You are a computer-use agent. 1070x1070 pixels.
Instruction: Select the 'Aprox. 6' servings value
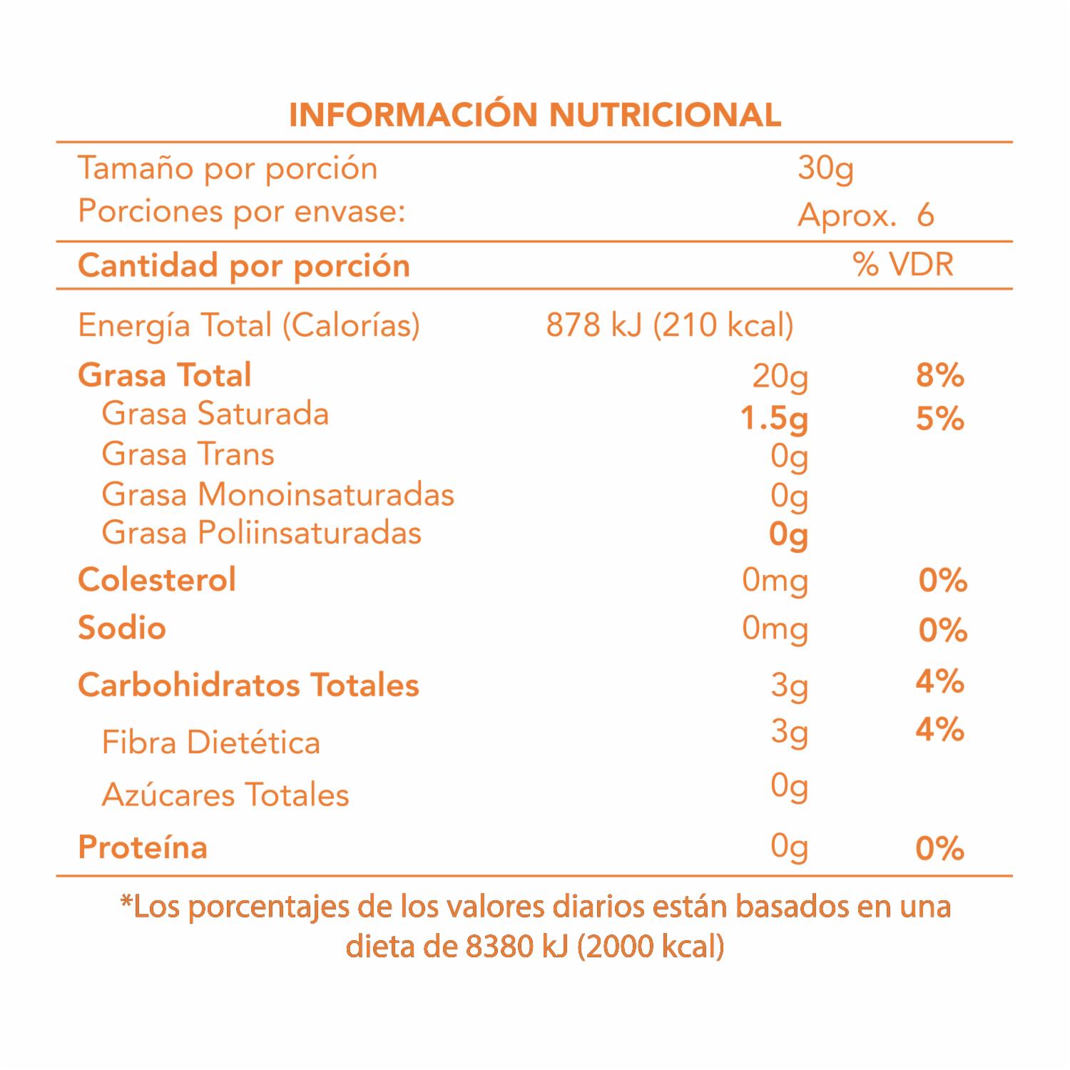pos(865,215)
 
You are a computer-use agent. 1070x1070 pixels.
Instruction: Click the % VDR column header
pos(903,265)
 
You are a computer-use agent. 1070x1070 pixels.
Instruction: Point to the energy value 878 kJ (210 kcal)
pos(669,325)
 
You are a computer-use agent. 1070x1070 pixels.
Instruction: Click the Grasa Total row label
pos(165,375)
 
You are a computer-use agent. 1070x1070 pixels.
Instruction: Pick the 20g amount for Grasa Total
pos(780,377)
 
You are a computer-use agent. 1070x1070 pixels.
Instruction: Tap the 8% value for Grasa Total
pos(939,375)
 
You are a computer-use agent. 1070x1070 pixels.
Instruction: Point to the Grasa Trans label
pos(188,454)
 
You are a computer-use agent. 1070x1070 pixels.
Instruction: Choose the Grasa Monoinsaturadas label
pos(277,494)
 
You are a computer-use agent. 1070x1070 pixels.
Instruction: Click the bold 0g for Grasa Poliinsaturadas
pos(788,534)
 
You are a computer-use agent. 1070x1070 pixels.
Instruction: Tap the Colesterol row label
pos(157,580)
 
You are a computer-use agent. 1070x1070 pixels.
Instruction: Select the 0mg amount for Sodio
pos(775,629)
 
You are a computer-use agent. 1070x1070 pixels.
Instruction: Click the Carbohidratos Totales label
pos(248,686)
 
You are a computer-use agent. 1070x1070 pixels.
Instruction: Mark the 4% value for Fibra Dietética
pos(939,730)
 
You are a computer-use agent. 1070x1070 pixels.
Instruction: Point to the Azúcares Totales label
pos(225,795)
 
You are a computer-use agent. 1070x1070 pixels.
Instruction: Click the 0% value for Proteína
pos(939,848)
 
